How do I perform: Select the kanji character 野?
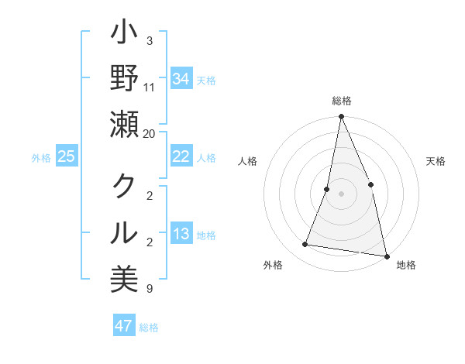[x=124, y=81]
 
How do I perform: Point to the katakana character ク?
[x=124, y=187]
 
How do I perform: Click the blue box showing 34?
[x=181, y=79]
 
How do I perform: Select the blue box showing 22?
[x=181, y=156]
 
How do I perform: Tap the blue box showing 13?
[x=181, y=234]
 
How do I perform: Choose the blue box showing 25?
[x=67, y=156]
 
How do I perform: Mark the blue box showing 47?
[x=124, y=326]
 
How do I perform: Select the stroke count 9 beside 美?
[x=149, y=289]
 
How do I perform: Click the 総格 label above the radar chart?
[x=341, y=101]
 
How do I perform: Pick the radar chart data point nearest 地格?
[x=386, y=255]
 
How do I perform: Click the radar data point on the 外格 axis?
[x=305, y=244]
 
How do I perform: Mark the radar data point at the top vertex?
[x=341, y=117]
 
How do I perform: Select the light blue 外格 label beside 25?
[x=41, y=157]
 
